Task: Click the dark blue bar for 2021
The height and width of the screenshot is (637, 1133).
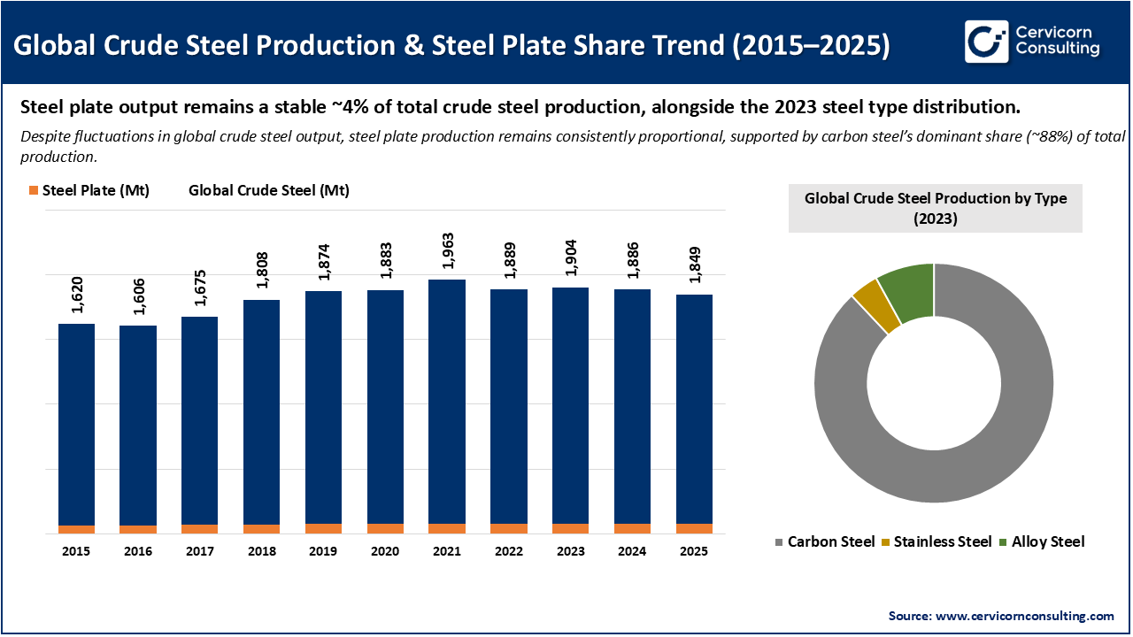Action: coord(447,401)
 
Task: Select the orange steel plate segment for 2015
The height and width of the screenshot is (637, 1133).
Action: coord(76,529)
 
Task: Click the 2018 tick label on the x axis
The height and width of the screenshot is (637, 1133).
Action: coord(261,551)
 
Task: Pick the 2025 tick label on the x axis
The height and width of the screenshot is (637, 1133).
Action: coord(694,551)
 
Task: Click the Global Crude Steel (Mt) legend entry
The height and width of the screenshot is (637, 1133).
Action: coord(268,190)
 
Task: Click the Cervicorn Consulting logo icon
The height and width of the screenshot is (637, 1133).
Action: coord(986,42)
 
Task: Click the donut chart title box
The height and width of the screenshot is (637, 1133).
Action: coord(935,209)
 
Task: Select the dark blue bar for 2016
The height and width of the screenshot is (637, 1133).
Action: coord(138,425)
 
